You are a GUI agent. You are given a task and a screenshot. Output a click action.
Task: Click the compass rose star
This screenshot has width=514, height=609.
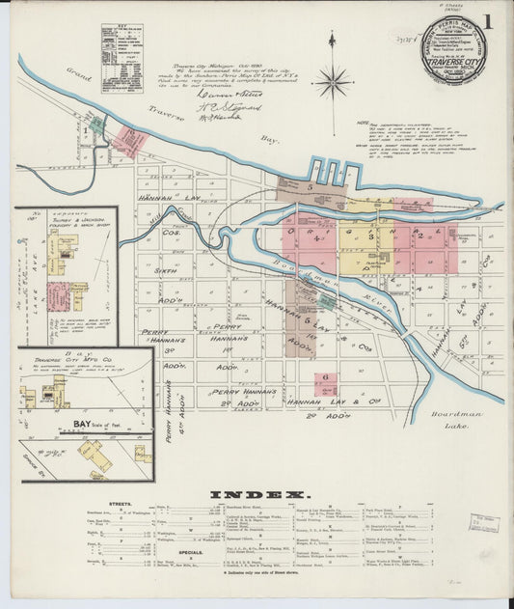[332, 80]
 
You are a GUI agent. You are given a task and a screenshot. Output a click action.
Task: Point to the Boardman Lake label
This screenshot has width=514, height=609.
[470, 414]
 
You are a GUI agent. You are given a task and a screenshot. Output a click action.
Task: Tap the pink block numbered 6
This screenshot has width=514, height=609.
[326, 377]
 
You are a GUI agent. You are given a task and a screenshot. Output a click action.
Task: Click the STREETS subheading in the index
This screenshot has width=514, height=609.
[120, 504]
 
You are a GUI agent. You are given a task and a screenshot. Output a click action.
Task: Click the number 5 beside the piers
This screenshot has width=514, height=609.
[311, 186]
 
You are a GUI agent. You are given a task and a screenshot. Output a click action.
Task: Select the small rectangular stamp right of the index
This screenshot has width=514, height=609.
[484, 523]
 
